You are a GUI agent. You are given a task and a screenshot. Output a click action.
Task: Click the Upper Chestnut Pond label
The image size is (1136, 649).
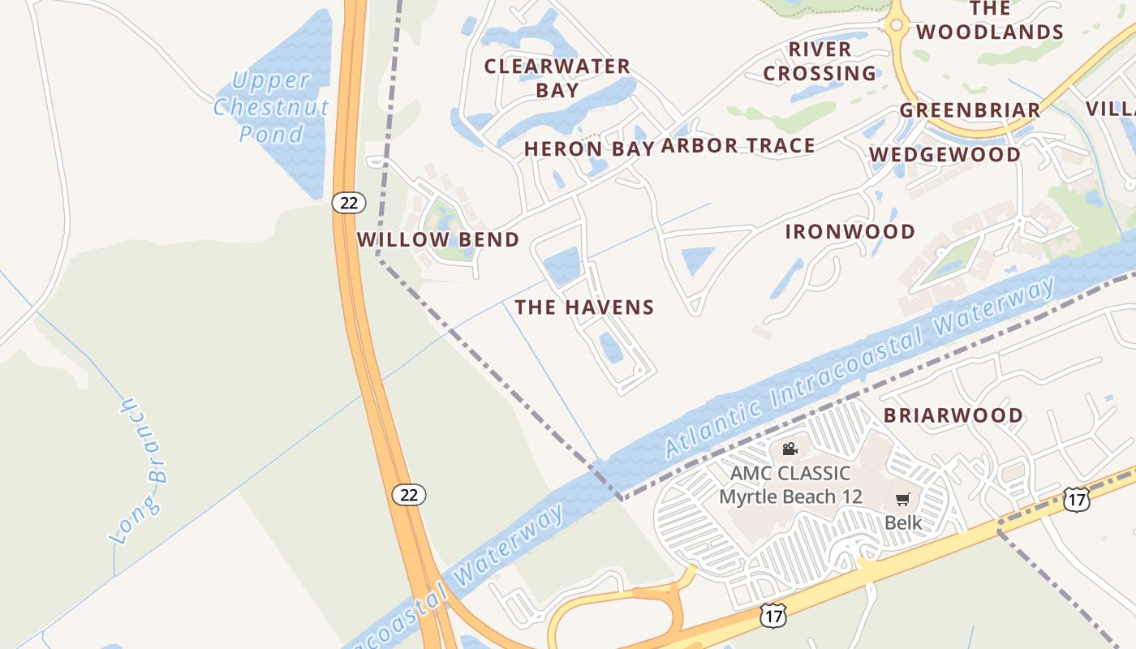[x=271, y=107]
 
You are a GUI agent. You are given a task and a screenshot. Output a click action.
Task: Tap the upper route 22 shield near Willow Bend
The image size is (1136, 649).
[x=348, y=203]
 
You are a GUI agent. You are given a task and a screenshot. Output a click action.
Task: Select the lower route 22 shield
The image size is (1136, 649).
[x=409, y=494]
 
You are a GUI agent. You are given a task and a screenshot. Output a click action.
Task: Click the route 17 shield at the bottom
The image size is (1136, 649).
[x=772, y=616]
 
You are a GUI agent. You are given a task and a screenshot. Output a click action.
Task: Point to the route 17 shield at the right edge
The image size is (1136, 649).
[x=1076, y=500]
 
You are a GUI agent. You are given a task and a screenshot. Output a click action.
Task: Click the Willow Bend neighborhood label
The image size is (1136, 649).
[x=438, y=240]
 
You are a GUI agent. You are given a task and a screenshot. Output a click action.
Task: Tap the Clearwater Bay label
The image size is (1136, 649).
[x=557, y=78]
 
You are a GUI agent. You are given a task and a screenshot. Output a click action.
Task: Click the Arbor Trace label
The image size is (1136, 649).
[x=738, y=146]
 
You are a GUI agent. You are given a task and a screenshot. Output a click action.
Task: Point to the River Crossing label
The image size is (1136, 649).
[x=820, y=62]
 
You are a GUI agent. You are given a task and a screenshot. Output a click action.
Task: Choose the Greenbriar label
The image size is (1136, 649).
[x=970, y=110]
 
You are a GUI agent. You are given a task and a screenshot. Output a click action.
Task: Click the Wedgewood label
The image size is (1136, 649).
[x=945, y=154]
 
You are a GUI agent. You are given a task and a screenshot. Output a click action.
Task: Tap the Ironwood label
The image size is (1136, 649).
[x=850, y=232]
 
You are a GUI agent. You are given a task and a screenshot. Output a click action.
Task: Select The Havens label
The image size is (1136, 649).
[x=584, y=307]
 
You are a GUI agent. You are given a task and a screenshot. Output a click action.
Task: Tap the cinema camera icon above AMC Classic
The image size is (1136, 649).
[x=790, y=449]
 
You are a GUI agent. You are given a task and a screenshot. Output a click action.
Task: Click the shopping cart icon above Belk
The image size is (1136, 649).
[x=902, y=499]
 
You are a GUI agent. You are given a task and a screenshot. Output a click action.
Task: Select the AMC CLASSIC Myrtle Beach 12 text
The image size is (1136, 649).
[x=790, y=485]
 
